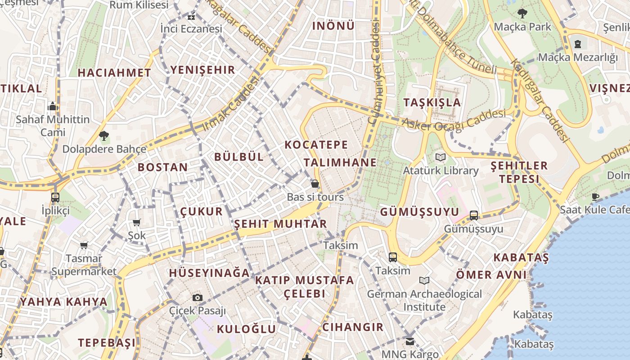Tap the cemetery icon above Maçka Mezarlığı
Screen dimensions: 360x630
pos(578,44)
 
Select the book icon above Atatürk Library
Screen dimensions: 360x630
pos(440,157)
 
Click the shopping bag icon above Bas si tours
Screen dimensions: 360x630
pos(315,183)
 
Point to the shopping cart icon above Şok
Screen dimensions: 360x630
pos(137,222)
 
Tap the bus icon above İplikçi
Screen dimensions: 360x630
pos(55,197)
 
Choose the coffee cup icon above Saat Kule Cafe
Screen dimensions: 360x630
pos(595,196)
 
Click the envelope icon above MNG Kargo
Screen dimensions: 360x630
pos(409,341)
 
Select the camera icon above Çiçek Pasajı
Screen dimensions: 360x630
pos(197,297)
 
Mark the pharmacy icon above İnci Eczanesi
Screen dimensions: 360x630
pos(191,17)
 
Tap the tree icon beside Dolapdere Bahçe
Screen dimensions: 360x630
pos(104,135)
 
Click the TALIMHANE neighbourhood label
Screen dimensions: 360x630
pos(340,162)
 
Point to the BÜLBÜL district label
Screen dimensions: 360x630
pos(239,157)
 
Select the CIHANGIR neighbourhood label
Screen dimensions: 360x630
pos(353,327)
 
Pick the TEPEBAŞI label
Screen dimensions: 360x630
pos(107,343)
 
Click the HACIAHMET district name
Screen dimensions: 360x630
pos(114,72)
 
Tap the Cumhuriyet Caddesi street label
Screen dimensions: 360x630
pos(374,72)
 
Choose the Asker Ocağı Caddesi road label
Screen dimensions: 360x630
pos(453,120)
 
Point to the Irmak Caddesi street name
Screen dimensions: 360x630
pos(232,103)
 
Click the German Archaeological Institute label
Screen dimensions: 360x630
pos(424,300)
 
